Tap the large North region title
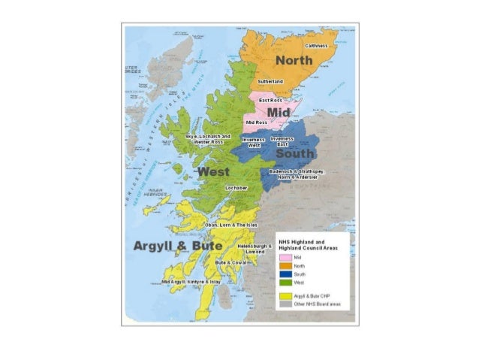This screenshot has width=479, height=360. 294,59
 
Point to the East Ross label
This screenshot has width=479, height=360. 270,100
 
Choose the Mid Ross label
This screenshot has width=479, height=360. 257,122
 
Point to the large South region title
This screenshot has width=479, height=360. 295,154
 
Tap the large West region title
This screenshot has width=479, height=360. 213,172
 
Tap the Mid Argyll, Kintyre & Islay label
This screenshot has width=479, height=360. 191,280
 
